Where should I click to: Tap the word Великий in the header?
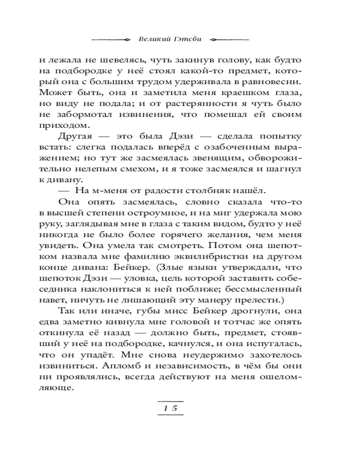coord(151,39)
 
